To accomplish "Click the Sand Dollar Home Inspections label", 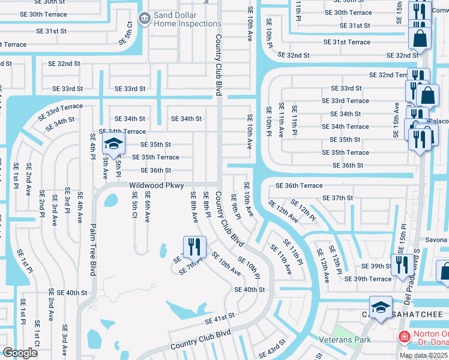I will [188, 19].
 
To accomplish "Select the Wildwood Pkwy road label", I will [156, 186].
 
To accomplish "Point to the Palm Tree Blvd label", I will [93, 247].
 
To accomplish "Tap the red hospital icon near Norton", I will [404, 338].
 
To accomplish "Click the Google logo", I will [20, 353].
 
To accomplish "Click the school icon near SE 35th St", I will [112, 144].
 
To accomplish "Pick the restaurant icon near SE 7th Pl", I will [194, 246].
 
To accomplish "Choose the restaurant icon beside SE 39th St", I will [400, 265].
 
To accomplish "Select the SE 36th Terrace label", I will [298, 185].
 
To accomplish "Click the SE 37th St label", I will [337, 198].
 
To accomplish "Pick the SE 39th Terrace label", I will [367, 279].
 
